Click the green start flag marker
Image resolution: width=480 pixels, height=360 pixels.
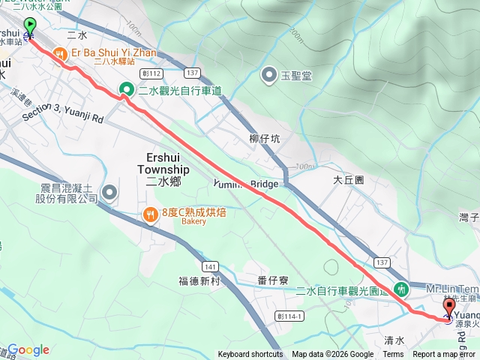point(30,27)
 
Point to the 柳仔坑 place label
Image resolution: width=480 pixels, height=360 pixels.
point(264,139)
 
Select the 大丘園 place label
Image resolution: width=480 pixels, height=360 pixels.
point(348,181)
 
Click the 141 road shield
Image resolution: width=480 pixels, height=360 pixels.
point(210,266)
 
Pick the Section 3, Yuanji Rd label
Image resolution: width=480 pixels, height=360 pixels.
point(62,112)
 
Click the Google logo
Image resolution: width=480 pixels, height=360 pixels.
point(28,349)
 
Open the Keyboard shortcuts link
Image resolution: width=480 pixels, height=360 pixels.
point(250,355)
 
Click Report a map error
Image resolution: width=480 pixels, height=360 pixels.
point(445,355)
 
